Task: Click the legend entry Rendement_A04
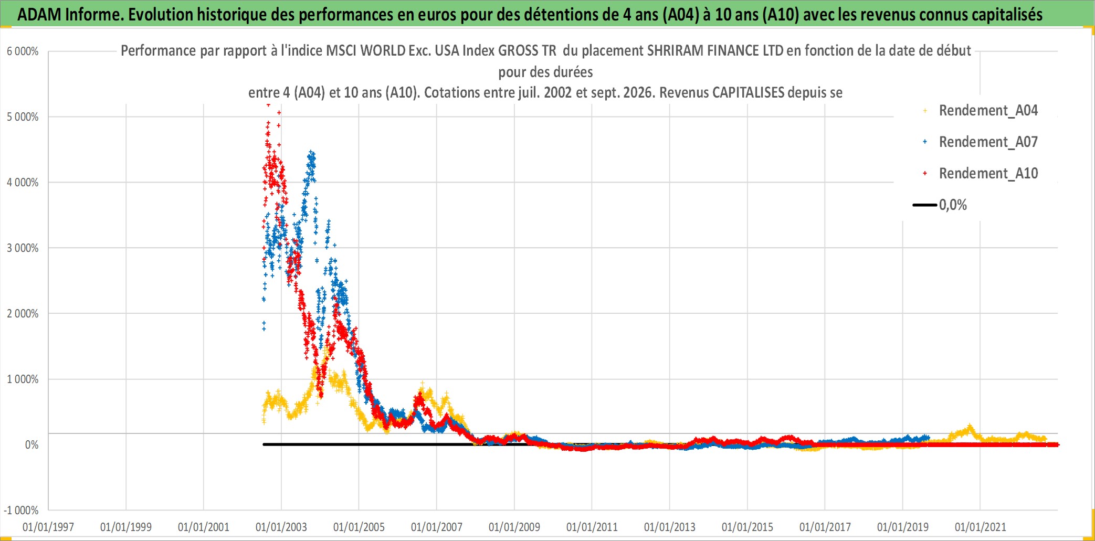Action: coord(988,111)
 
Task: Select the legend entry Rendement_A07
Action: coord(988,142)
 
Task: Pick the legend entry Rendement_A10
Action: coord(988,174)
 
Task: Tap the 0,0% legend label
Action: coord(953,205)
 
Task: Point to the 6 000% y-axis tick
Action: coord(23,51)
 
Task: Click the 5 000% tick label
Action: coord(23,117)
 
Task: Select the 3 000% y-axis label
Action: coord(23,248)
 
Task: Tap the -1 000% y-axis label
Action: coord(21,511)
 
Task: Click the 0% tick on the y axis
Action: coord(31,445)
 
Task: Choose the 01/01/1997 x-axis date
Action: coord(48,527)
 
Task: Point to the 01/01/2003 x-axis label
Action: coord(281,527)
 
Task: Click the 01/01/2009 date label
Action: coord(514,527)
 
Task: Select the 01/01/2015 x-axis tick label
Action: coord(747,527)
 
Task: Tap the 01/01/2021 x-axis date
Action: coord(981,527)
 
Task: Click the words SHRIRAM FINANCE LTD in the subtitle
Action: coord(715,51)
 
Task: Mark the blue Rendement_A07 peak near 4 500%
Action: coord(312,153)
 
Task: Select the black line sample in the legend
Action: coord(925,205)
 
